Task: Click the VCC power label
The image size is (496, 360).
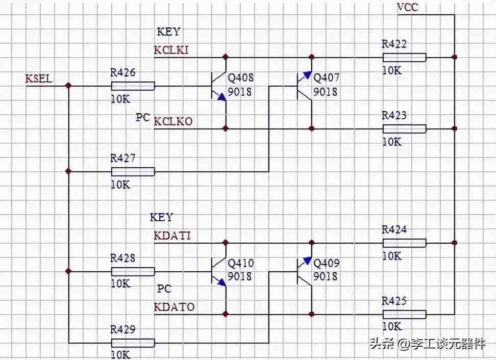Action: click(408, 7)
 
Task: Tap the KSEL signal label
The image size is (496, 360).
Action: click(39, 79)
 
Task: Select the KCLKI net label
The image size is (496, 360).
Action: click(171, 50)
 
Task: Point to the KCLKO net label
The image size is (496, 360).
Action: click(173, 121)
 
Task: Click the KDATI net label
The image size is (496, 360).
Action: click(172, 236)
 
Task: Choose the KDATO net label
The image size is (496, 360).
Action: click(174, 307)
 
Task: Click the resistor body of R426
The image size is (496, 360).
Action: click(133, 86)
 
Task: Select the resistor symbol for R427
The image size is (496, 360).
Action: click(133, 172)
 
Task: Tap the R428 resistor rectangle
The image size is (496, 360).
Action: click(133, 271)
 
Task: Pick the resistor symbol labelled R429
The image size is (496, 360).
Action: click(133, 343)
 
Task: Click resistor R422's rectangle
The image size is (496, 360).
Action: click(405, 57)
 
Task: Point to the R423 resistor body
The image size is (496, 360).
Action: click(405, 128)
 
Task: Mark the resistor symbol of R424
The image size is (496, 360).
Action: click(405, 243)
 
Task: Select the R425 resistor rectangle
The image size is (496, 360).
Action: click(405, 314)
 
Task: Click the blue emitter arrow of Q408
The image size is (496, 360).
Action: click(222, 97)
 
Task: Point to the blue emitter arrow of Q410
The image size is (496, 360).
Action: click(222, 282)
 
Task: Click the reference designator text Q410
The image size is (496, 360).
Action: click(241, 263)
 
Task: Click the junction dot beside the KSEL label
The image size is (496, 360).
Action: click(68, 86)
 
